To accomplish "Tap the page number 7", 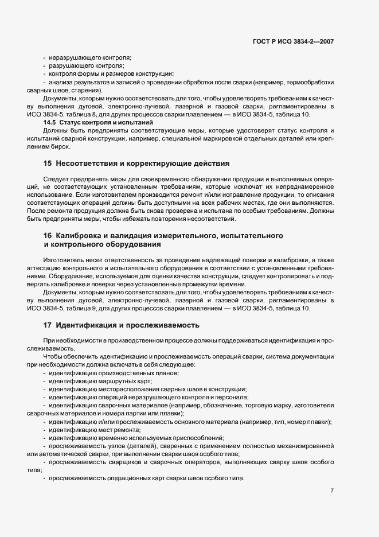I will [x=333, y=491].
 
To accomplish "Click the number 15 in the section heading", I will [x=48, y=164].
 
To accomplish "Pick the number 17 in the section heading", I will [x=48, y=325].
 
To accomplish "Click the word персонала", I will [x=231, y=397].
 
